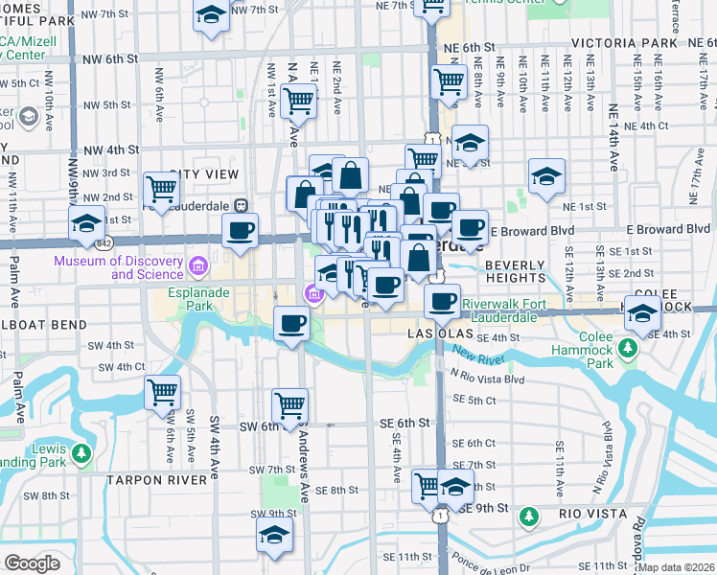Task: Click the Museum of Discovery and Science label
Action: click(119, 267)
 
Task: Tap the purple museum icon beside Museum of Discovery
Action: click(198, 264)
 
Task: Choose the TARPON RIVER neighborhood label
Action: click(156, 479)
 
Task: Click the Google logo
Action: click(32, 563)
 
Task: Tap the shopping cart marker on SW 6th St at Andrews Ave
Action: click(289, 404)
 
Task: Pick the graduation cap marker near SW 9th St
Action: click(274, 537)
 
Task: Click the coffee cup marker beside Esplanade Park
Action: click(291, 323)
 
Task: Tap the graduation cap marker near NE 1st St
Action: click(546, 176)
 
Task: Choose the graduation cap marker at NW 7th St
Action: click(211, 15)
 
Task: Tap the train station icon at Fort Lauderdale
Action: click(243, 204)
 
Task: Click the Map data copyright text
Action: click(677, 566)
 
